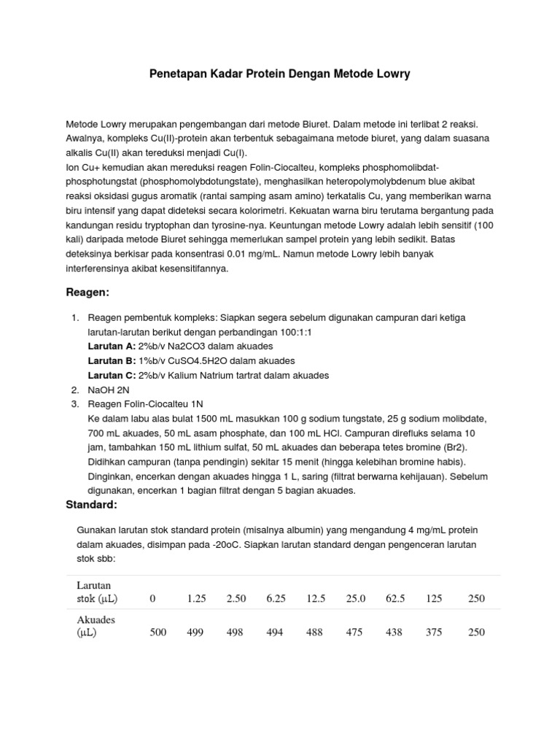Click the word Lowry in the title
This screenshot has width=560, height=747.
click(x=390, y=74)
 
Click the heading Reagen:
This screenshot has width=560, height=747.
click(x=87, y=293)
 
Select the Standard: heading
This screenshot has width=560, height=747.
click(x=91, y=505)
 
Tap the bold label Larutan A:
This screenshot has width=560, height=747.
click(x=111, y=347)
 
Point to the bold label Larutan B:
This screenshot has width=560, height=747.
click(x=111, y=361)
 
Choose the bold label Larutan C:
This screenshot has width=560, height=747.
click(x=111, y=376)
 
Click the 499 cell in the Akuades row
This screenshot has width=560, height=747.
click(x=195, y=632)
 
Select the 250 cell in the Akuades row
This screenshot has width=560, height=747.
click(x=476, y=632)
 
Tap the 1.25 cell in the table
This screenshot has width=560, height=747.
click(x=196, y=599)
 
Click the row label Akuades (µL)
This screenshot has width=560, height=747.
click(x=96, y=626)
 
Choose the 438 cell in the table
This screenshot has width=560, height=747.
click(x=393, y=632)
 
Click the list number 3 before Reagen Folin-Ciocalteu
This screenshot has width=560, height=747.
click(x=74, y=404)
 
